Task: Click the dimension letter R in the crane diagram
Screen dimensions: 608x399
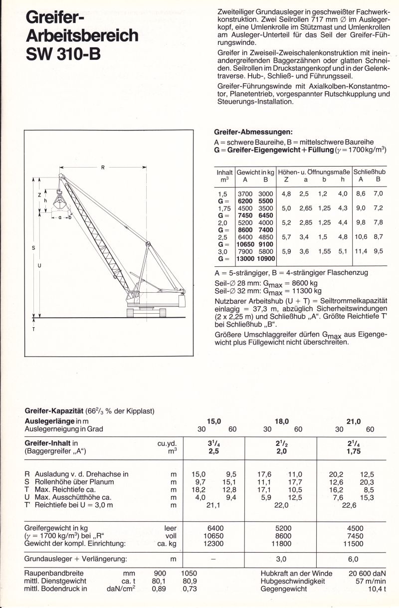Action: point(102,168)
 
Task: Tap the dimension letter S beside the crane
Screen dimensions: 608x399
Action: point(33,248)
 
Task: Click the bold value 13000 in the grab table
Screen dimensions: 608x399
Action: point(245,259)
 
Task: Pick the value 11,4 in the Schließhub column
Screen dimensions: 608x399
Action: point(361,251)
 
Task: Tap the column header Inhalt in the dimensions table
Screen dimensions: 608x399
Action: point(224,172)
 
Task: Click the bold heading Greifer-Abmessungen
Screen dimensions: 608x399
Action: point(253,132)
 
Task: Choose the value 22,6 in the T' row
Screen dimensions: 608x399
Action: point(349,505)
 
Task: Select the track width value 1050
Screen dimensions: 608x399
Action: point(189,573)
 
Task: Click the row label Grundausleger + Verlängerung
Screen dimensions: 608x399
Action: point(76,559)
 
